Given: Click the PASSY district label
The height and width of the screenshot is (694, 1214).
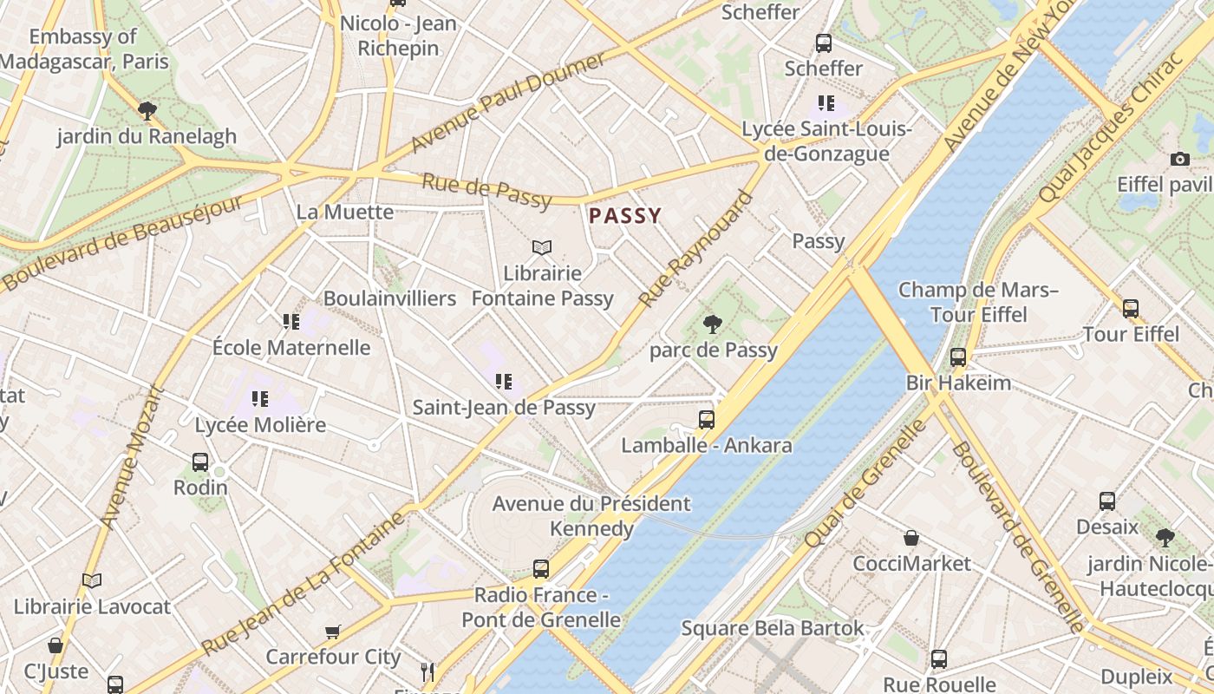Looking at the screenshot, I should [x=625, y=216].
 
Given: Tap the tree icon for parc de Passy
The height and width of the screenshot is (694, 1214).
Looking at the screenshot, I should [x=713, y=325].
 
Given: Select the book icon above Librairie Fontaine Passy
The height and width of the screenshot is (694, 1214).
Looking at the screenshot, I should [x=542, y=248].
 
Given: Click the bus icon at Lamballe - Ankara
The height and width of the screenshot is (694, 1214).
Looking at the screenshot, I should [x=707, y=420].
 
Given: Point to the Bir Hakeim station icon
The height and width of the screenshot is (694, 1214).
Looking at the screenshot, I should [x=958, y=357].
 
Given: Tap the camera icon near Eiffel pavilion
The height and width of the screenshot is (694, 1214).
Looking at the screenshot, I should [x=1179, y=159].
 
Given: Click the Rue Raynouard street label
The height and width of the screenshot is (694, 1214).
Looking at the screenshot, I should [x=696, y=250].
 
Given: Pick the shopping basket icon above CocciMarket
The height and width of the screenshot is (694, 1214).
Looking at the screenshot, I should [x=911, y=538].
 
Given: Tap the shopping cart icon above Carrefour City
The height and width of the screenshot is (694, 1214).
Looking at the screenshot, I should [x=333, y=632].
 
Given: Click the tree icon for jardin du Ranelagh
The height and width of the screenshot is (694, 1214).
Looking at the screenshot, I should [x=147, y=110].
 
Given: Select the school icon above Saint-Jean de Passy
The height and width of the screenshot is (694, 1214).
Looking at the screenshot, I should [x=504, y=381].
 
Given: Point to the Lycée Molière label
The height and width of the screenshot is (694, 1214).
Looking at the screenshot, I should [x=260, y=425].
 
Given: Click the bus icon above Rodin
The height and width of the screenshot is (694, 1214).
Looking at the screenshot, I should [x=200, y=462].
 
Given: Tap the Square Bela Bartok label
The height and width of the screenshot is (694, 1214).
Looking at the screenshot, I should [x=772, y=628].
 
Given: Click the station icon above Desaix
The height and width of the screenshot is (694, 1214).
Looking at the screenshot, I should [x=1107, y=501].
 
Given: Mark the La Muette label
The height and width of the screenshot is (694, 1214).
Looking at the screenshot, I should [x=344, y=212].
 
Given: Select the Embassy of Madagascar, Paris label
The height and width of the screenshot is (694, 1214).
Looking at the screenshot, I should [x=83, y=49].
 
